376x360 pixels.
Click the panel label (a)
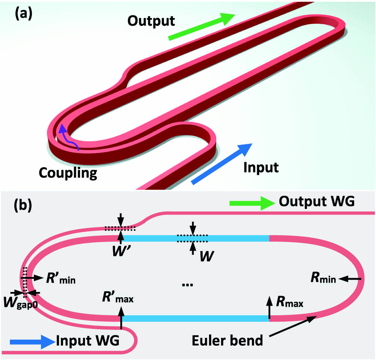tap(23, 14)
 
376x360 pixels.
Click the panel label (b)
tap(23, 205)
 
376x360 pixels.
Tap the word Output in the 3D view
tap(151, 21)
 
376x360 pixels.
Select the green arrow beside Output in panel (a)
tap(202, 26)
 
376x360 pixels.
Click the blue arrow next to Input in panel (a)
tap(221, 164)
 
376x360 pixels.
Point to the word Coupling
tap(68, 173)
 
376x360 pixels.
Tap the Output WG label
tap(317, 201)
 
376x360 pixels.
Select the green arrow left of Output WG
tap(252, 203)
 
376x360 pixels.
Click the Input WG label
tap(88, 340)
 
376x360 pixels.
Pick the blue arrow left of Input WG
tap(32, 342)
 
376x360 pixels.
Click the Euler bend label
tap(227, 340)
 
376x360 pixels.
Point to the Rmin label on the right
tap(323, 278)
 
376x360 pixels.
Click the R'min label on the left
tap(61, 278)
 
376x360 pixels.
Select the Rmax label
tap(290, 302)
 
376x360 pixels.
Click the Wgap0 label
tap(20, 303)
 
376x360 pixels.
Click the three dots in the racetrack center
tap(188, 285)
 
